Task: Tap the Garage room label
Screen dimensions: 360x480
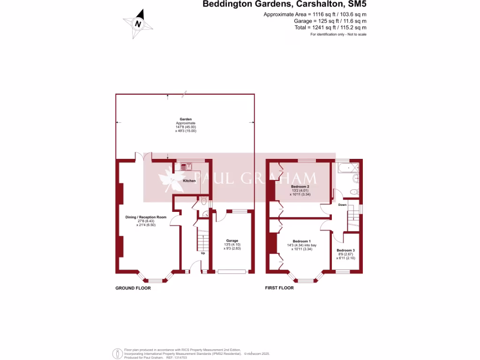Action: tap(232, 240)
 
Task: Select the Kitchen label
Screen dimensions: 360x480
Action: tap(189, 180)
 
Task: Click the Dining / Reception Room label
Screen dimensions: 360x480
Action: tap(146, 217)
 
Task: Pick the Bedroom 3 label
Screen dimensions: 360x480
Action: tap(345, 250)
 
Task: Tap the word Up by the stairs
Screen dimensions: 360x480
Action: tap(203, 253)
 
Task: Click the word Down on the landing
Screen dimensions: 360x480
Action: tap(343, 205)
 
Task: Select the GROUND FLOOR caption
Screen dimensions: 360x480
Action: tap(133, 288)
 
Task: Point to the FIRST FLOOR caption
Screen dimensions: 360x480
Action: tap(279, 288)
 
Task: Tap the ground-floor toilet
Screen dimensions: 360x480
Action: tap(203, 202)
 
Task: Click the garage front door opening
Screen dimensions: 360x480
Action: tap(232, 271)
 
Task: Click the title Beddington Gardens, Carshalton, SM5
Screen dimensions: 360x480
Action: tap(284, 5)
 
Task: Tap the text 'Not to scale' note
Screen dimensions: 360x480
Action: tap(357, 35)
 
